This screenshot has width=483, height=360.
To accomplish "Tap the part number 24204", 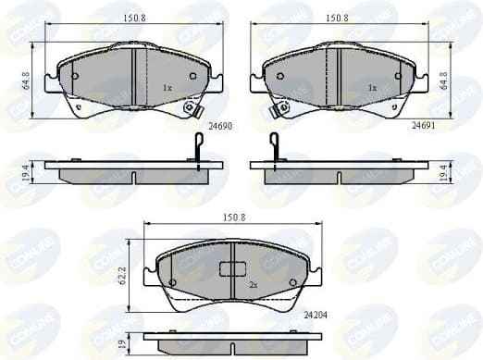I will point(316,314).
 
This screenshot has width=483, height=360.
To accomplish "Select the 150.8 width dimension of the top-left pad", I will point(134,15).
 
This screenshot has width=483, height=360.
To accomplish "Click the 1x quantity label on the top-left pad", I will point(167,88).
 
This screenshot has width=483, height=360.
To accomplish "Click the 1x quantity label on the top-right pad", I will point(371,88).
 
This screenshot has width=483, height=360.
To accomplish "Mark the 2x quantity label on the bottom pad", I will point(252,285).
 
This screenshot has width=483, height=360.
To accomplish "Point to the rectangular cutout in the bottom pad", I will point(230,269).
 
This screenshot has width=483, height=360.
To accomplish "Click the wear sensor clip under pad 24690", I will point(192,108).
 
